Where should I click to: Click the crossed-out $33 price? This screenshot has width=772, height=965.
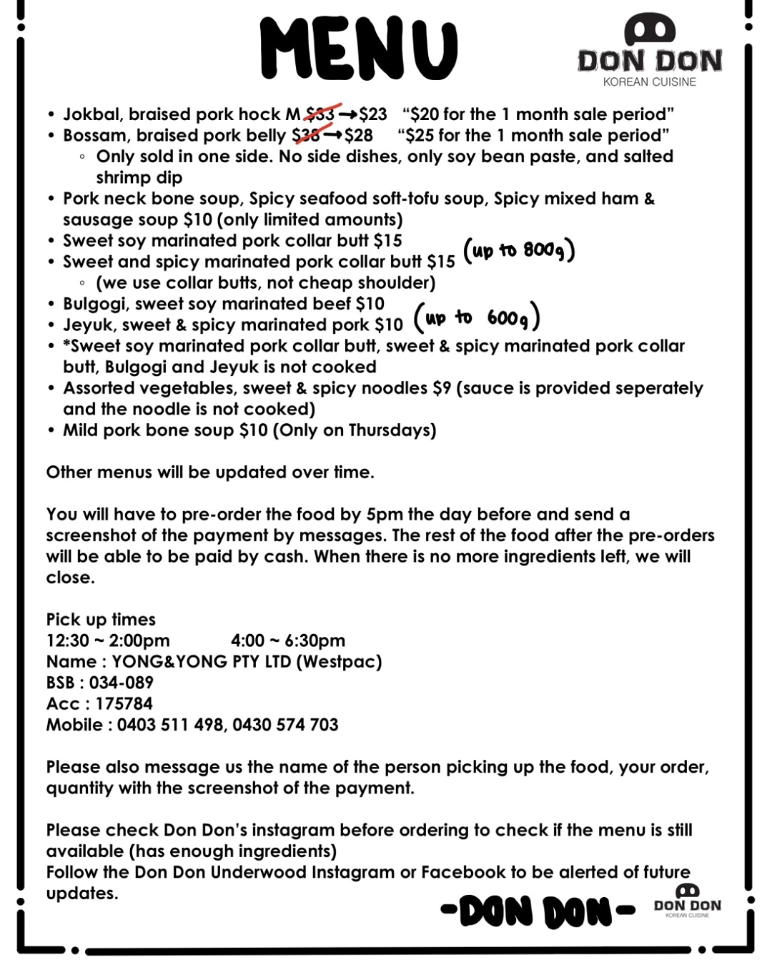pos(320,114)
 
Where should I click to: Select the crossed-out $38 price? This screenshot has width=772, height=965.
pos(306,135)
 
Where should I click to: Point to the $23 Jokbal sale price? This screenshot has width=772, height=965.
pos(372,114)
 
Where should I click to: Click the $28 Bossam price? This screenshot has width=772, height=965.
pos(358,135)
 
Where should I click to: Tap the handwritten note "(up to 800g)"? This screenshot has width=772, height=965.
pos(519,250)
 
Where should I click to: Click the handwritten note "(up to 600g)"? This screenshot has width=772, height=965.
pos(477,317)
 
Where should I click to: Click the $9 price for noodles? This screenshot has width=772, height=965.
pos(442,388)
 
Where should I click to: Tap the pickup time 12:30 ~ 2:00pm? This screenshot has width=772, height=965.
pos(108,640)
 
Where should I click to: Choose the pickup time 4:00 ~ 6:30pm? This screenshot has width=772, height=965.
pos(288,640)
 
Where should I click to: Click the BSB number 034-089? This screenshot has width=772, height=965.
pos(121,683)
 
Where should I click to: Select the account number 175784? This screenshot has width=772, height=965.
pos(124,704)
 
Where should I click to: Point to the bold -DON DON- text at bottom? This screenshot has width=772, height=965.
pos(538,911)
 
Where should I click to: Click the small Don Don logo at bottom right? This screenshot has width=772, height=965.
pos(688,901)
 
